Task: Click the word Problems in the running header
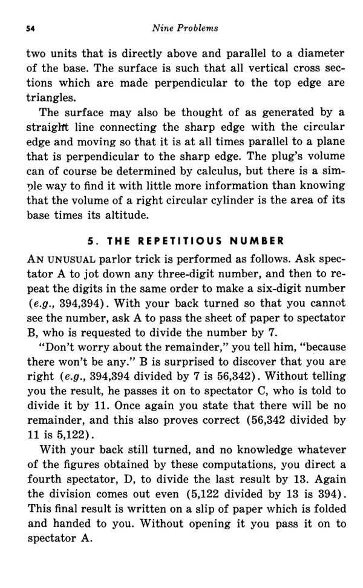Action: pos(200,28)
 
